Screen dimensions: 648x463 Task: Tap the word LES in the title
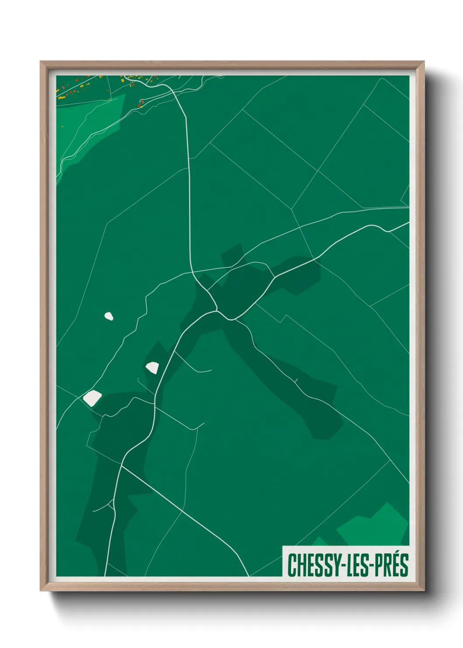[358, 564]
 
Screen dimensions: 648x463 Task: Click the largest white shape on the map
[92, 398]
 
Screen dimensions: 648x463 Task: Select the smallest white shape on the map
[109, 316]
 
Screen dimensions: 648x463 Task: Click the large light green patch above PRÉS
[376, 525]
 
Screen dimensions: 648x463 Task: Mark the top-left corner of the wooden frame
[41, 62]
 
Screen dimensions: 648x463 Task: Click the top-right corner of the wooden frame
[424, 62]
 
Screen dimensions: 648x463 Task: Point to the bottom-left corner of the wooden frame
[41, 590]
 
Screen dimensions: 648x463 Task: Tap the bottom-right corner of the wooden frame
[424, 590]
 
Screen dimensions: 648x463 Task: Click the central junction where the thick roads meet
[217, 310]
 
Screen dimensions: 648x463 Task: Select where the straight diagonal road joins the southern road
[122, 466]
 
